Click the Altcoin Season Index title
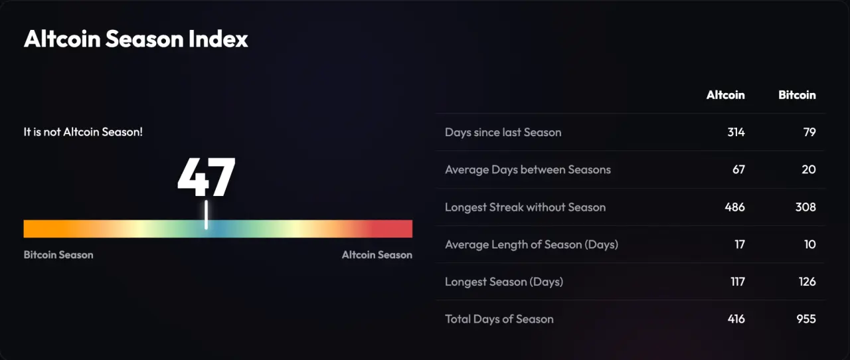point(136,39)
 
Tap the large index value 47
point(206,177)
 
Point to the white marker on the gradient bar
point(206,215)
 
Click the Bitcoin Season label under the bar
point(58,254)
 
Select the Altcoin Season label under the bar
point(377,254)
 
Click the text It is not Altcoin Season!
point(83,132)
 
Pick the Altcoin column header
point(726,95)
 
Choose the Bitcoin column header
point(797,95)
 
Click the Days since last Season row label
point(503,132)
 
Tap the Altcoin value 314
point(736,132)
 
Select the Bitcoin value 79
point(809,132)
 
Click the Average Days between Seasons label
point(528,169)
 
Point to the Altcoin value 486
point(735,207)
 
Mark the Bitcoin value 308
point(806,207)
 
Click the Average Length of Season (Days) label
point(532,244)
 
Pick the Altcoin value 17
point(740,244)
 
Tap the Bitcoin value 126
point(807,282)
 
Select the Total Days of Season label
point(499,319)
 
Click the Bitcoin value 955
point(806,319)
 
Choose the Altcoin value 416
point(736,319)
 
